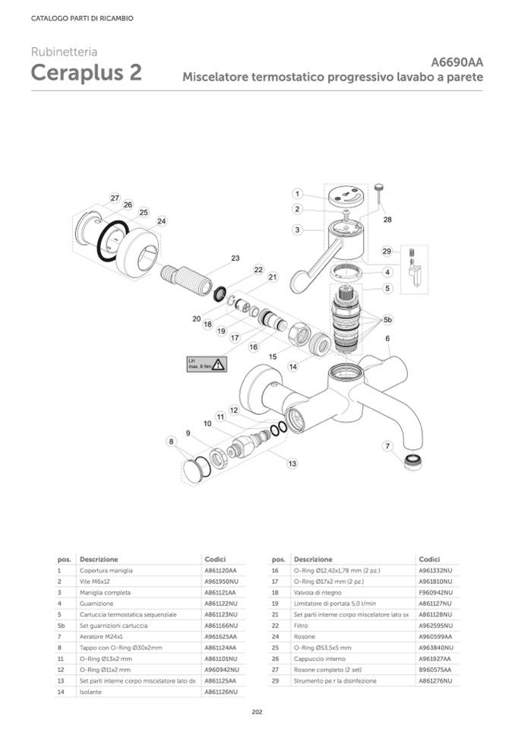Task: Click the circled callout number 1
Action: (x=299, y=194)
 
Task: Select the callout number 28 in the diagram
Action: (x=387, y=220)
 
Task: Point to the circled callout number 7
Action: (x=387, y=446)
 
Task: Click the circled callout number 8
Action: (x=172, y=442)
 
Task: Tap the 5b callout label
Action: (x=388, y=319)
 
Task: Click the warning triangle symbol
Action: (x=218, y=364)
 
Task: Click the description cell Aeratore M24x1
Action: (x=101, y=636)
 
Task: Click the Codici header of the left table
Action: (x=216, y=559)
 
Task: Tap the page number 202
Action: (x=257, y=712)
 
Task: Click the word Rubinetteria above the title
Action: (x=64, y=52)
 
